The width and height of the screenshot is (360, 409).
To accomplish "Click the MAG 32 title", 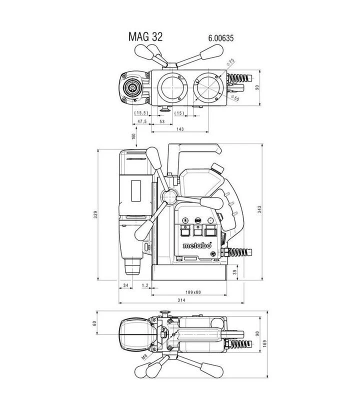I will tap(146, 36).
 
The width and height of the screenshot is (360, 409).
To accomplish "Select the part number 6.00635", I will tap(220, 37).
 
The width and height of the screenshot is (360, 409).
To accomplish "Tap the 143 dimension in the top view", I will tap(180, 129).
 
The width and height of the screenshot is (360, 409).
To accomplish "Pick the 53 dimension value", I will tap(161, 121).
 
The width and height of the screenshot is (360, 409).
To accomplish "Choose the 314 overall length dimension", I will tap(181, 300).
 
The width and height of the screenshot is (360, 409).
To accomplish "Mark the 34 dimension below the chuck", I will tap(125, 285).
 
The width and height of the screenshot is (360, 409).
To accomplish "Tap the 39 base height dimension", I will tap(235, 272).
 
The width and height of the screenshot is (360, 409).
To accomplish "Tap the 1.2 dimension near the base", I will tap(145, 285).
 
